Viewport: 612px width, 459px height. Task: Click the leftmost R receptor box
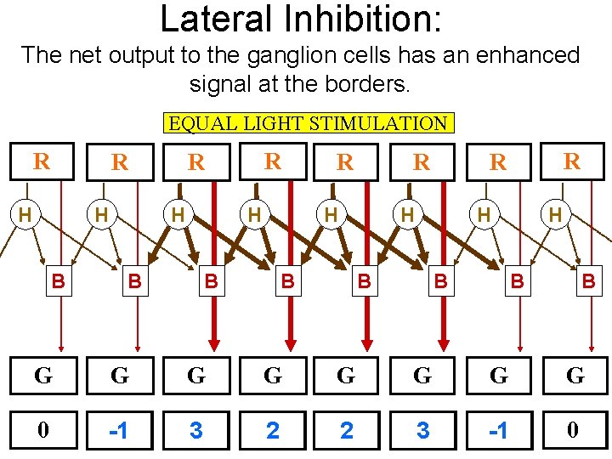pos(41,161)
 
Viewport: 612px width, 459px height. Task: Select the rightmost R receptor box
pos(573,161)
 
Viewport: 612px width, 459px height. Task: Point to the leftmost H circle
pos(25,216)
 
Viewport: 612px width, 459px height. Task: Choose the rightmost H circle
pos(555,216)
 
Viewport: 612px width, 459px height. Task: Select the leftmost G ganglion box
pos(43,376)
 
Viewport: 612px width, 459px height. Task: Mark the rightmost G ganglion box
pos(575,376)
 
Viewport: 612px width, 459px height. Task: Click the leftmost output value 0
pos(43,431)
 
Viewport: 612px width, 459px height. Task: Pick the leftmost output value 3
pos(196,431)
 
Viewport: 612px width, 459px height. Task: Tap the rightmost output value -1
pos(499,431)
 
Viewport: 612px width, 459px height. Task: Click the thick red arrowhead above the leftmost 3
pos(213,343)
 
